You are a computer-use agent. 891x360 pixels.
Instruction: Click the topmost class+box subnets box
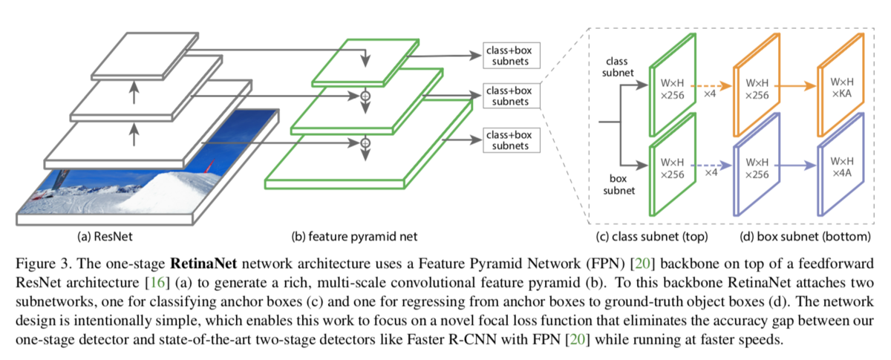tap(512, 56)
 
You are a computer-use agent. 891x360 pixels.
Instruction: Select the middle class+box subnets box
tap(512, 96)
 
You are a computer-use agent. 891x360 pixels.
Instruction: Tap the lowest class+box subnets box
tap(512, 140)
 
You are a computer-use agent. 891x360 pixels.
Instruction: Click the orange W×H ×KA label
tap(842, 88)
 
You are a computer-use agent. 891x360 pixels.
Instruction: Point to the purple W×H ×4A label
tap(842, 167)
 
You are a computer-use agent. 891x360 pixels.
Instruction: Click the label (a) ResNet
tap(105, 237)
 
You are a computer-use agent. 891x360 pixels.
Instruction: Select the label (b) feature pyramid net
tap(354, 237)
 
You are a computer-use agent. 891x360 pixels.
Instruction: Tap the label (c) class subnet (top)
tap(652, 237)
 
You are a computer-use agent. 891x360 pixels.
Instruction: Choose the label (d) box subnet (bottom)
tap(805, 237)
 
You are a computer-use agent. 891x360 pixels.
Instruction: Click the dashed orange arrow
tap(711, 85)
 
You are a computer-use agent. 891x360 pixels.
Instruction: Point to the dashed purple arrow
tap(711, 165)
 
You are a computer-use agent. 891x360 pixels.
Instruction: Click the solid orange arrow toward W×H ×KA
tap(795, 85)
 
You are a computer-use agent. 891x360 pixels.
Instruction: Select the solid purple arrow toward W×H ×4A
tap(795, 165)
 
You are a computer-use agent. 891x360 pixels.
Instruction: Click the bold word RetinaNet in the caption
tap(203, 264)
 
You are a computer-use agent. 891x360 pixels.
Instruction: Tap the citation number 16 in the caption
tap(157, 282)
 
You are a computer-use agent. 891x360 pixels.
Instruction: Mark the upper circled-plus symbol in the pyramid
tap(365, 96)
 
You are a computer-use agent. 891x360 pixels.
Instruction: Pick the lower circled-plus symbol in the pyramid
tap(365, 143)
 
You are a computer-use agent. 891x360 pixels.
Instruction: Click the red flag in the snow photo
tap(209, 166)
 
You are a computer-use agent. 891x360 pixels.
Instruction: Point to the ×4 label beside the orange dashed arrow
tap(710, 94)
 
